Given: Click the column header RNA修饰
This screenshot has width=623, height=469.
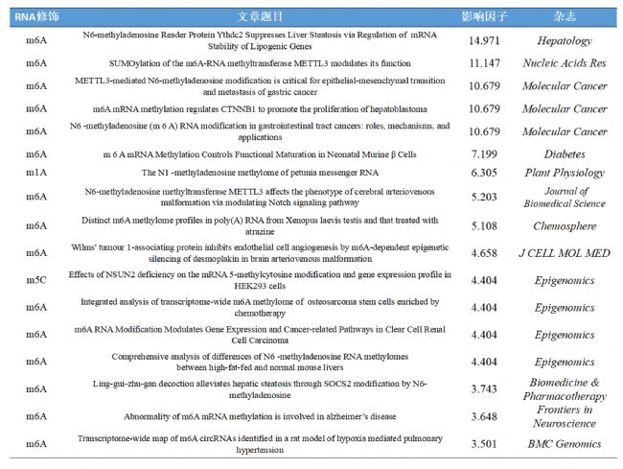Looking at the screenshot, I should coord(35,17).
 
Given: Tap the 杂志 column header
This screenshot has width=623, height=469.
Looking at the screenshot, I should coord(565,17).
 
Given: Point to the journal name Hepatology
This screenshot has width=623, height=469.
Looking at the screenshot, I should coord(565,41).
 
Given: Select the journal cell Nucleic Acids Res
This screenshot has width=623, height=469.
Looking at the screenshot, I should coord(565,63).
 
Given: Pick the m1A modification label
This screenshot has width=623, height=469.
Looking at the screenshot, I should coord(35,173).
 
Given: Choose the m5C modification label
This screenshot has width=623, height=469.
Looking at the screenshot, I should coord(35,280).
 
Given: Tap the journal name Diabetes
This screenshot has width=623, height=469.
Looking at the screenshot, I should coord(565,153).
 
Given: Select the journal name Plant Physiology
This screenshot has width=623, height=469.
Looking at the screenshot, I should coord(565,173).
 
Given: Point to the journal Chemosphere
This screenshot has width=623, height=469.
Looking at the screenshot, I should coord(565,226).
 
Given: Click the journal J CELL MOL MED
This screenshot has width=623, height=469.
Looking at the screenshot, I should coord(565,253).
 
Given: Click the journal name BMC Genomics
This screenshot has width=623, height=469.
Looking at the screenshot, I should coord(565,443).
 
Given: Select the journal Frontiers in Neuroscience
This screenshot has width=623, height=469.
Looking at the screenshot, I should coord(565,416).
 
